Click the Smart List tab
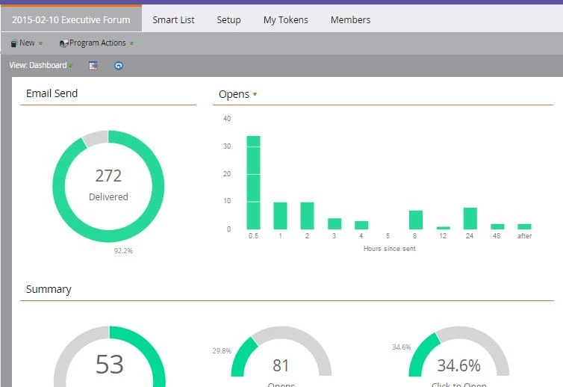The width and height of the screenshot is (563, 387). (x=173, y=20)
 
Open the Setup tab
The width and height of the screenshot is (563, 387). (x=228, y=20)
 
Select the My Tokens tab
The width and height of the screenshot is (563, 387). (x=285, y=20)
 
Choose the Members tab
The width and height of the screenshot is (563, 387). (x=350, y=20)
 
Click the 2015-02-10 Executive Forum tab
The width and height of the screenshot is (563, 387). (x=71, y=20)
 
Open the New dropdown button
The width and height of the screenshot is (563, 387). (x=27, y=43)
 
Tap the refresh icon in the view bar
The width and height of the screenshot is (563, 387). (x=118, y=66)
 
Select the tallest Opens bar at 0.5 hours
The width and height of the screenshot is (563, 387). (x=253, y=182)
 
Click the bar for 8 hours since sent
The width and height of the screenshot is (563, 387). (x=416, y=220)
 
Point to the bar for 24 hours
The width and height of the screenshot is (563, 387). (x=470, y=218)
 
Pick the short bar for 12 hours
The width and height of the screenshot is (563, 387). (x=443, y=227)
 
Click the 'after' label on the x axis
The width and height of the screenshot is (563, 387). (x=524, y=237)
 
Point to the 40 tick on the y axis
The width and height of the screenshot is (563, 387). (x=227, y=119)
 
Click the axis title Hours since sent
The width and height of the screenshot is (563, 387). (x=389, y=249)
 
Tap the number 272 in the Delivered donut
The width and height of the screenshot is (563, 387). (x=108, y=176)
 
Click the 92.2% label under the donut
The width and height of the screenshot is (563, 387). (x=123, y=251)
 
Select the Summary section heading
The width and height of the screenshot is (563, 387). (x=49, y=289)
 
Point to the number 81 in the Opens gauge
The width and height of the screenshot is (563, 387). (x=281, y=365)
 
